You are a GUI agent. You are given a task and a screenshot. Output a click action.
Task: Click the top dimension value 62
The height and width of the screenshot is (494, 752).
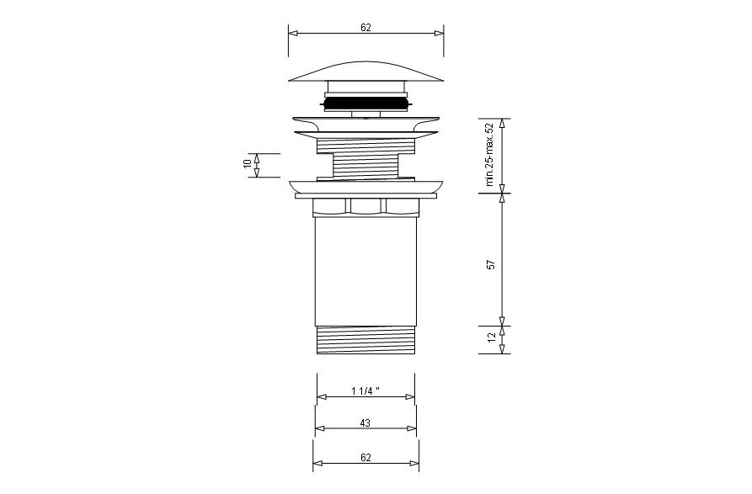(x=365, y=28)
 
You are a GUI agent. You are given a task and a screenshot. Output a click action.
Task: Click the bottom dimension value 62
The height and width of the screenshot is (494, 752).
(x=365, y=458)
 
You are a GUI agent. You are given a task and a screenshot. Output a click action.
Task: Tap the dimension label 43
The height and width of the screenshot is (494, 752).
(x=365, y=423)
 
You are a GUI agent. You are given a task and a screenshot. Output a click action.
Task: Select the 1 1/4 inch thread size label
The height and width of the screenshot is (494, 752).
(x=365, y=391)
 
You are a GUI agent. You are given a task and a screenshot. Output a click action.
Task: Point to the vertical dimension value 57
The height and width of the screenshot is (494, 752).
(x=491, y=264)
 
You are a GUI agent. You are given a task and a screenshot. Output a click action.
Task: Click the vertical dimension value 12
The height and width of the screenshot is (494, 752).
(x=492, y=337)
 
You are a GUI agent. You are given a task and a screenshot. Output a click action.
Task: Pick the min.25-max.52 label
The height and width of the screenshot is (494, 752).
(x=489, y=154)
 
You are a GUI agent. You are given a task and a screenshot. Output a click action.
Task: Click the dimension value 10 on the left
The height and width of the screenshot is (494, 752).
(x=248, y=163)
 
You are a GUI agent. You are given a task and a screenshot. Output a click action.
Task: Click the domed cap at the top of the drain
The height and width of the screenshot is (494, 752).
(x=365, y=71)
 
